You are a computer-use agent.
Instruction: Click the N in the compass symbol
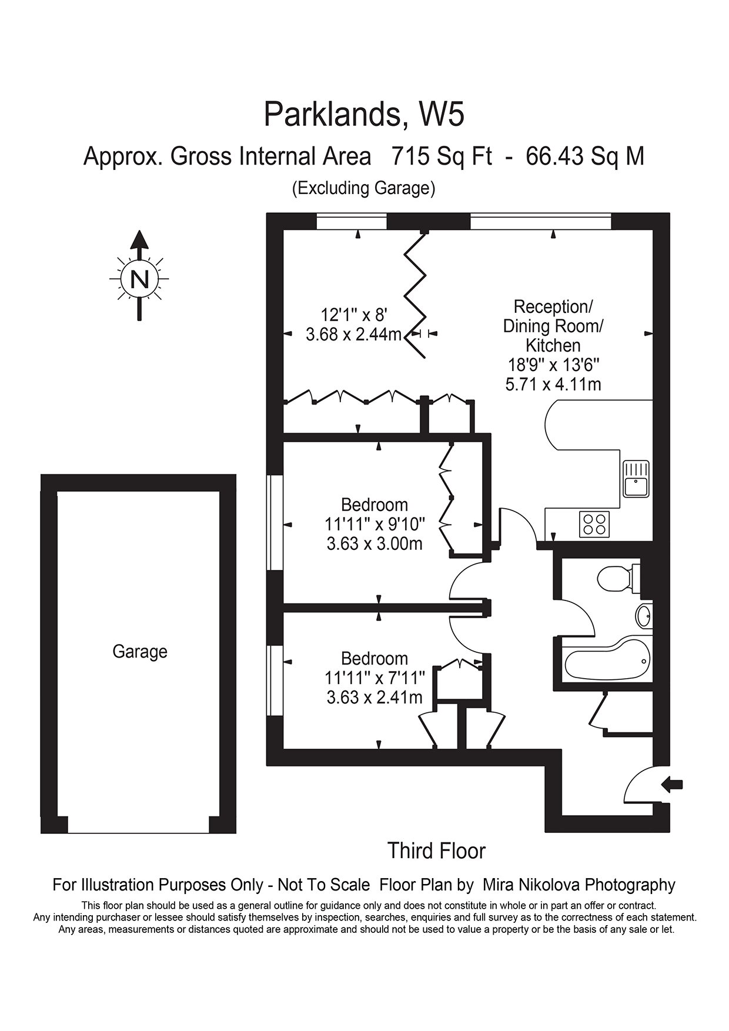click(139, 278)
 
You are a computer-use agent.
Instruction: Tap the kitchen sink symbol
click(636, 479)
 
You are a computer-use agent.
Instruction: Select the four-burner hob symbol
click(594, 524)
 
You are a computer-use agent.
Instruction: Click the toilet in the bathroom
click(616, 579)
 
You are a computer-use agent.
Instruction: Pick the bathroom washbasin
click(644, 616)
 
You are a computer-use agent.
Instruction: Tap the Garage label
click(140, 652)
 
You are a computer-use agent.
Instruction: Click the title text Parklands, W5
click(364, 115)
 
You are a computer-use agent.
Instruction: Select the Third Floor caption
click(436, 851)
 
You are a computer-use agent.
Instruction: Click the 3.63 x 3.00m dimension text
click(374, 543)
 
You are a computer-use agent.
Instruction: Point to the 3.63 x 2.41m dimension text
click(374, 698)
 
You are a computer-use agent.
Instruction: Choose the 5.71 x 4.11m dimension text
click(553, 385)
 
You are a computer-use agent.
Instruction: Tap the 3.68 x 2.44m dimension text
click(353, 335)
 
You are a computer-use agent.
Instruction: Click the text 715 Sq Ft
click(442, 157)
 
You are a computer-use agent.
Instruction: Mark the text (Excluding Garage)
click(364, 188)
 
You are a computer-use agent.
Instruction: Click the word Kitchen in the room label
click(553, 345)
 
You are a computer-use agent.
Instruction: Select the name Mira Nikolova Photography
click(578, 885)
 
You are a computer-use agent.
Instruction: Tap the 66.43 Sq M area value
click(584, 157)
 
